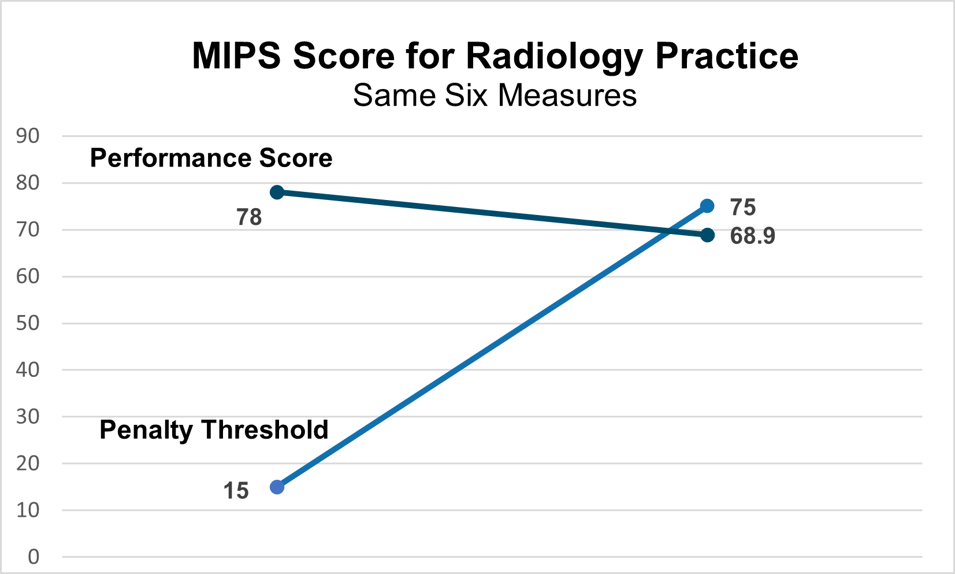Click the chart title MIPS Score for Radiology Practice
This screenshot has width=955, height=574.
point(495,56)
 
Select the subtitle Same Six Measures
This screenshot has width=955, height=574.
point(495,95)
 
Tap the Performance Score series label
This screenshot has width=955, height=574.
point(211,158)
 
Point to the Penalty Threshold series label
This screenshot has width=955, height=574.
point(214,430)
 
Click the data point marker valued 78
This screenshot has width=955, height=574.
point(277,192)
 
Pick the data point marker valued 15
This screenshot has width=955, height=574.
point(277,487)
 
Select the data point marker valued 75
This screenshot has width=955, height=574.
point(707,206)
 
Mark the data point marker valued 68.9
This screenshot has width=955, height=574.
point(707,235)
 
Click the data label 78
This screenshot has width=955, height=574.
point(249,217)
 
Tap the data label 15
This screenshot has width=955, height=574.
point(236,491)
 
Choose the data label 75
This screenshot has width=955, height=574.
point(743,207)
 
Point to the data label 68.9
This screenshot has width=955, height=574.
point(752,236)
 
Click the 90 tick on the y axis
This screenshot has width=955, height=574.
point(28,136)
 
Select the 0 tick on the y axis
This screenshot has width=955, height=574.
point(34,557)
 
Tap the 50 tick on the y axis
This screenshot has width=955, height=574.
point(28,323)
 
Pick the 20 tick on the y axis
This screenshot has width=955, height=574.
point(28,463)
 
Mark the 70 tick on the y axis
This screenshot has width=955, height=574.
point(28,229)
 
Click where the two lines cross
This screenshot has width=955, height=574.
point(669,231)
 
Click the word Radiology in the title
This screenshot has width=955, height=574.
point(554,56)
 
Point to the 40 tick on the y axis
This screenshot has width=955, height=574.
point(28,370)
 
